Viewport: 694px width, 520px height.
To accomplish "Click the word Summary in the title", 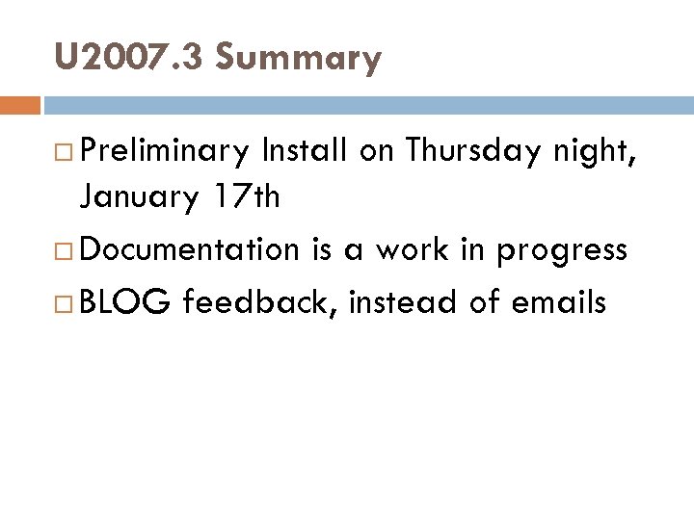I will [x=299, y=60].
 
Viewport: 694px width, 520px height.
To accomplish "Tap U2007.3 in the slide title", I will [x=129, y=58].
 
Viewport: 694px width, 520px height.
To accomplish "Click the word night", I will [x=600, y=153].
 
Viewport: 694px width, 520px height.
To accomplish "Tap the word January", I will [x=138, y=199].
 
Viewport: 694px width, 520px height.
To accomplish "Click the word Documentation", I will [x=189, y=249].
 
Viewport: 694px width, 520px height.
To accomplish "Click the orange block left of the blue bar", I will [x=20, y=103].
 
